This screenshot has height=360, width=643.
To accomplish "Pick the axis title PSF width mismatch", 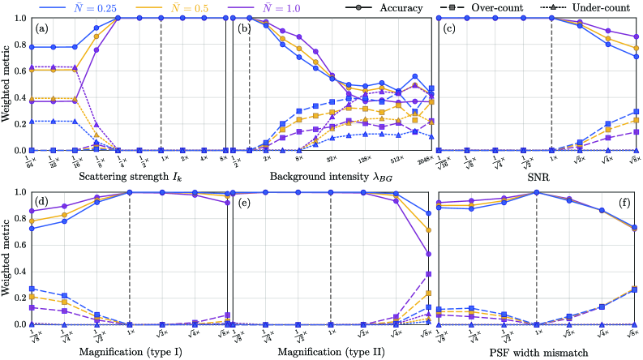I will point(536,351).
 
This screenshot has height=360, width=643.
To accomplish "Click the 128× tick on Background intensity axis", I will point(365,160).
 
